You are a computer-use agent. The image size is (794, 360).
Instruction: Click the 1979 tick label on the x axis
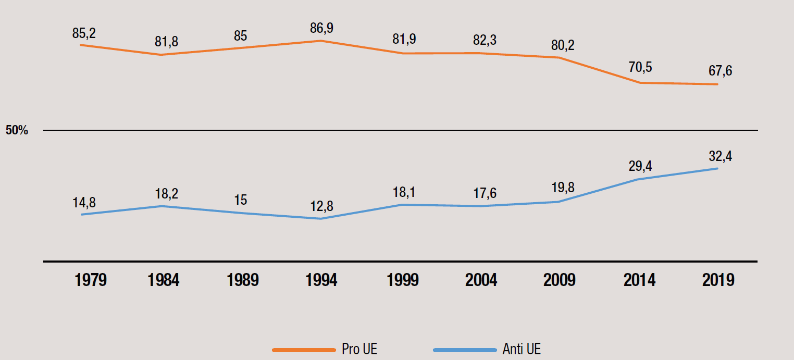pos(91,280)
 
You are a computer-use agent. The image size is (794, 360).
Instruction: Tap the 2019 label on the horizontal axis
pos(718,280)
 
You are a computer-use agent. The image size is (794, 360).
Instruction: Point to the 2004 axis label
pos(481,280)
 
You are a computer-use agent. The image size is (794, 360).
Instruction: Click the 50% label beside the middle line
pos(17,130)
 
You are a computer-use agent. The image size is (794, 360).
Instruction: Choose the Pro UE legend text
pos(359,349)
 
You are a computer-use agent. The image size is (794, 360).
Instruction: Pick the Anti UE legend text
pos(522,349)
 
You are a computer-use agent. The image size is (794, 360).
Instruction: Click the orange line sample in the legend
pos(304,350)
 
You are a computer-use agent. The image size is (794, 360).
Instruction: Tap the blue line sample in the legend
pos(464,350)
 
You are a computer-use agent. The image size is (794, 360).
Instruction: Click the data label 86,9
pos(321,29)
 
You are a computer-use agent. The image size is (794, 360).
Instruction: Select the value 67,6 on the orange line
pos(719,71)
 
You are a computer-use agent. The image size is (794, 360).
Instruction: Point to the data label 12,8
pos(321,207)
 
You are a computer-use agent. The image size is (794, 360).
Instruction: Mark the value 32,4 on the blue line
pos(720,156)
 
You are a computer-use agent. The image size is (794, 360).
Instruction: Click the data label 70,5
pos(640,68)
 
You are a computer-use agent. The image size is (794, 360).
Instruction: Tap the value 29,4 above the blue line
pos(640,166)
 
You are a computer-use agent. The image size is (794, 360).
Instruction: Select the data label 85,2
pos(84,33)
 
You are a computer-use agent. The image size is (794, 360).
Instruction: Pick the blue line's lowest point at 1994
pos(321,218)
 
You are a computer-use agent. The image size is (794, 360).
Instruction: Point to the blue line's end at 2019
pos(718,168)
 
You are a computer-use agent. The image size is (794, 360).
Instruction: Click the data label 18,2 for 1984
pos(166,194)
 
